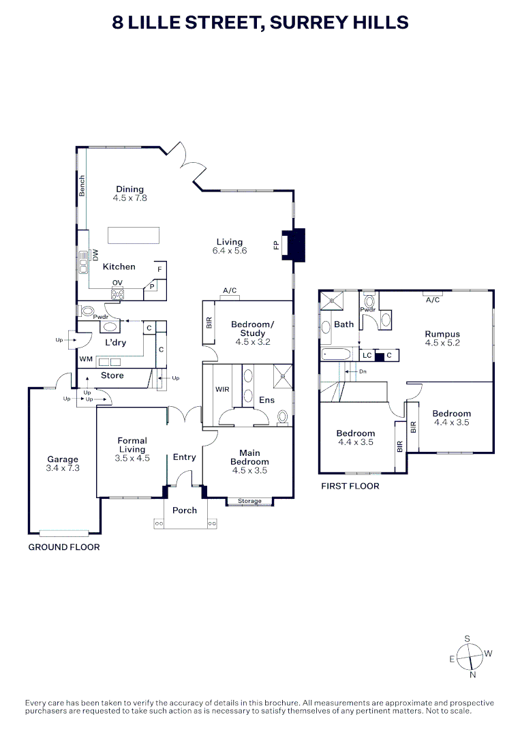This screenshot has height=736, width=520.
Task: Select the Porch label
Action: tap(185, 510)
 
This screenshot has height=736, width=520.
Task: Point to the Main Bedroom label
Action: tap(249, 457)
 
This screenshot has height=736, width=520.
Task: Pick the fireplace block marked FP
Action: tap(296, 245)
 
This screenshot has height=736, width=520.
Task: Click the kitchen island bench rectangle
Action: tap(134, 234)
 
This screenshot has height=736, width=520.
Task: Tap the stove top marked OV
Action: tap(117, 294)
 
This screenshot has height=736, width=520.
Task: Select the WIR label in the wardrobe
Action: tap(222, 390)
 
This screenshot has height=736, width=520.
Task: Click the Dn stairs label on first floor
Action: tap(362, 371)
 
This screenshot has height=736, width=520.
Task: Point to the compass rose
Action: tap(470, 656)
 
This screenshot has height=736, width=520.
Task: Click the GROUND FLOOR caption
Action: tap(63, 547)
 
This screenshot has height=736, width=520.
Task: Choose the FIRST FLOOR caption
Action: tap(349, 486)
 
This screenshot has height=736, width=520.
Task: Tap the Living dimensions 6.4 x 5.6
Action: tap(230, 251)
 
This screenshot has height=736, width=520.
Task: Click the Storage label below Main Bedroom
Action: tap(249, 502)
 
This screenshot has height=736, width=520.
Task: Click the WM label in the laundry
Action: tap(86, 358)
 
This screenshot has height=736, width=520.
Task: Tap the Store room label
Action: tap(112, 375)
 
